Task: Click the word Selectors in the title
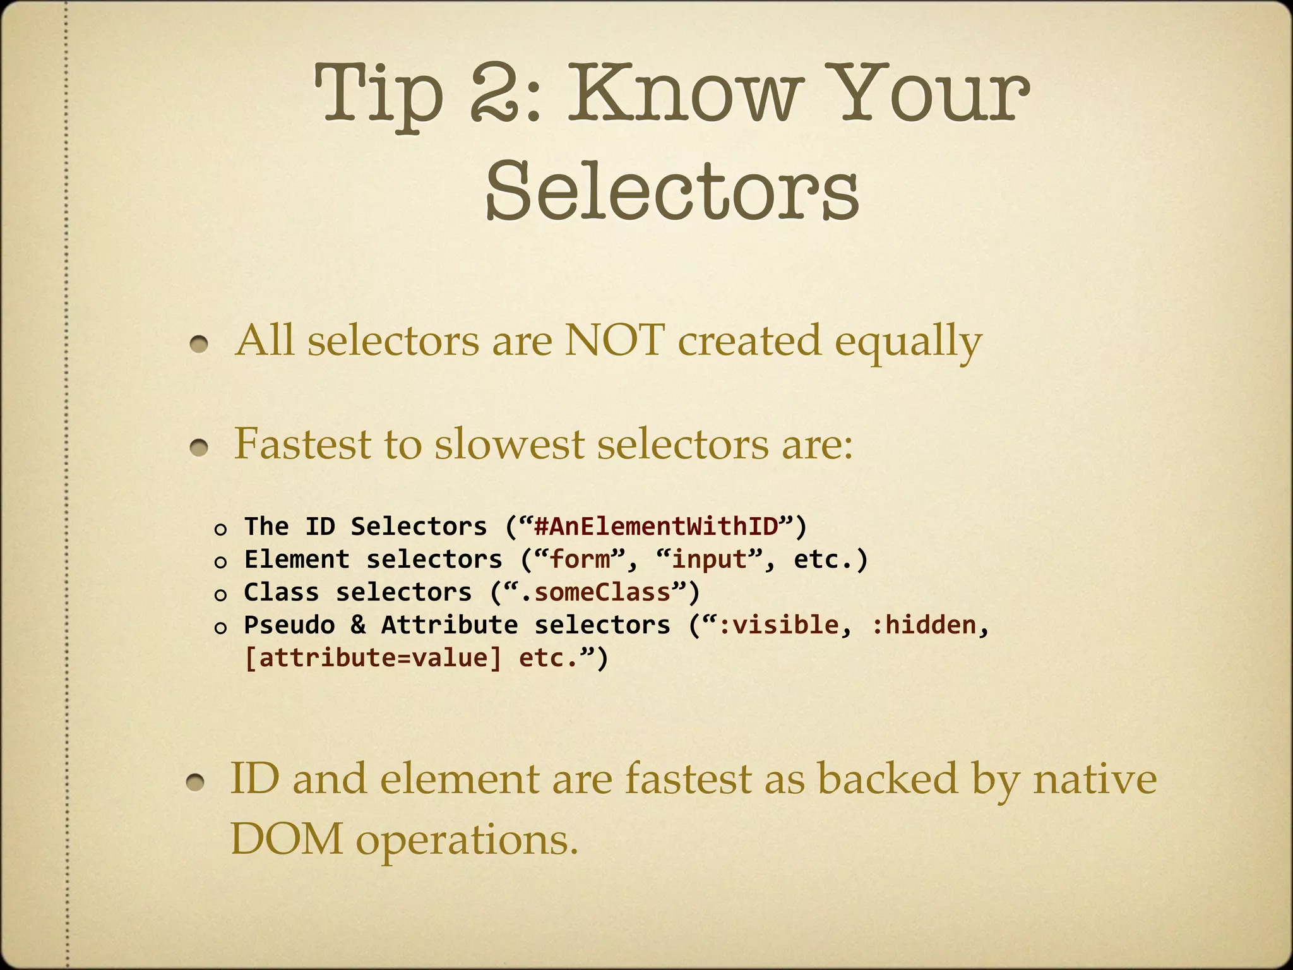tap(672, 189)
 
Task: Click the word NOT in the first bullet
tap(614, 341)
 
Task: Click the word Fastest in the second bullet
tap(302, 443)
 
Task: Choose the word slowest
tap(509, 443)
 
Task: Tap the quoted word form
tap(581, 560)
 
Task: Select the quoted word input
tap(710, 560)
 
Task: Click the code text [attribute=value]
tap(373, 658)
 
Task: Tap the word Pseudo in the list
tap(289, 625)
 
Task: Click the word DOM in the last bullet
tap(286, 840)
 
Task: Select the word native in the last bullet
tap(1094, 778)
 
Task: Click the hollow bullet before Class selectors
tap(220, 595)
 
